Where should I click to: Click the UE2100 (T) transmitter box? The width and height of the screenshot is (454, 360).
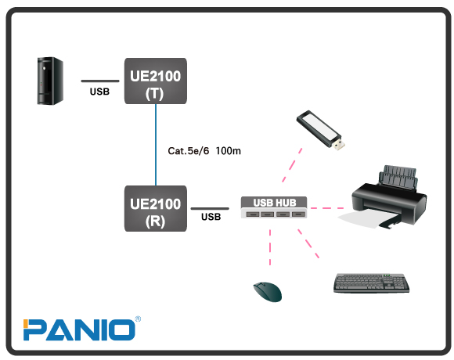[156, 81]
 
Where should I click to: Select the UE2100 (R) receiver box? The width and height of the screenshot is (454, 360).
[156, 209]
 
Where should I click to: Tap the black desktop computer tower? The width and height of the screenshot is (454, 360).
[50, 81]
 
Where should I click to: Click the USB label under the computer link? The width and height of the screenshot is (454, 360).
[99, 92]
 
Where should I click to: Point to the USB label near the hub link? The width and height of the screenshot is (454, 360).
[211, 217]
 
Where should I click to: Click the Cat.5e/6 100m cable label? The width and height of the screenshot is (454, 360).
[204, 151]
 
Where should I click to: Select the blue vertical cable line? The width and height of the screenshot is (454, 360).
[156, 145]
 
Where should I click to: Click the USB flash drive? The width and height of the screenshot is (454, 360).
[321, 131]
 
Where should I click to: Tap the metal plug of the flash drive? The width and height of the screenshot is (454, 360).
[339, 145]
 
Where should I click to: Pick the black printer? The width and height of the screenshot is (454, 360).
[388, 196]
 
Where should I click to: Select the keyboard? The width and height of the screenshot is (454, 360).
[372, 283]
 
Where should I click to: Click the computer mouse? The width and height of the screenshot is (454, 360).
[268, 292]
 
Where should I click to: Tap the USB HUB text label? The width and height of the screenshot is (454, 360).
[275, 203]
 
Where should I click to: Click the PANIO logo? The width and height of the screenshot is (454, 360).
[79, 329]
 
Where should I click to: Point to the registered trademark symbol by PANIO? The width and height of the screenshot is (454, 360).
[138, 319]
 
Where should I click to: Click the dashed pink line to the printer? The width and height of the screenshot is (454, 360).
[327, 208]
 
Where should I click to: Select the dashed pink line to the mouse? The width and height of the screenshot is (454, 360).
[270, 247]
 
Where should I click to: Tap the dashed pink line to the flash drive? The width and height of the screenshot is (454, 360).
[292, 165]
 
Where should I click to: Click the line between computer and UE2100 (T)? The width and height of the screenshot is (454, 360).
[100, 81]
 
